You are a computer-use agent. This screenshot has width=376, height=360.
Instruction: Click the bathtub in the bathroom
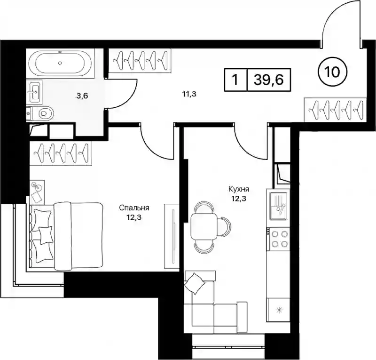click(x=60, y=63)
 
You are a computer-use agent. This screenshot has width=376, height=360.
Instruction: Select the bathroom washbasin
click(x=34, y=91)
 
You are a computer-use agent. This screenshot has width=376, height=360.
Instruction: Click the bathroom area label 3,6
click(x=82, y=96)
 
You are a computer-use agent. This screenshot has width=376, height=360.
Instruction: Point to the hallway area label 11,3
click(x=189, y=94)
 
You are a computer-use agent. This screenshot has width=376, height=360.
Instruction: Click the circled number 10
click(x=333, y=72)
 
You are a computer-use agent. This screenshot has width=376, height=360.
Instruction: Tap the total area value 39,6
click(x=269, y=80)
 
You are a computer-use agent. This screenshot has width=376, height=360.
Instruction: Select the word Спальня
click(x=134, y=208)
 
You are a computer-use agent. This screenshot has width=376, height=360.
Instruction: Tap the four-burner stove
click(x=278, y=239)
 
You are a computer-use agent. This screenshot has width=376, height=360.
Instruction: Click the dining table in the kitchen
click(x=204, y=227)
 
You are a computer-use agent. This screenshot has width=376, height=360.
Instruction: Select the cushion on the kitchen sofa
click(x=195, y=283)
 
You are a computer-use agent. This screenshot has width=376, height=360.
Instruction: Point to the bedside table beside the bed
click(x=37, y=192)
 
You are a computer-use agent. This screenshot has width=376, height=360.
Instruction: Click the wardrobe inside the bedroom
click(x=61, y=153)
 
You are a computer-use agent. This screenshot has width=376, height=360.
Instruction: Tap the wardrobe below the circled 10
click(x=335, y=110)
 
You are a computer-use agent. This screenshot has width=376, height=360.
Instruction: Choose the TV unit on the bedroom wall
click(x=172, y=236)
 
